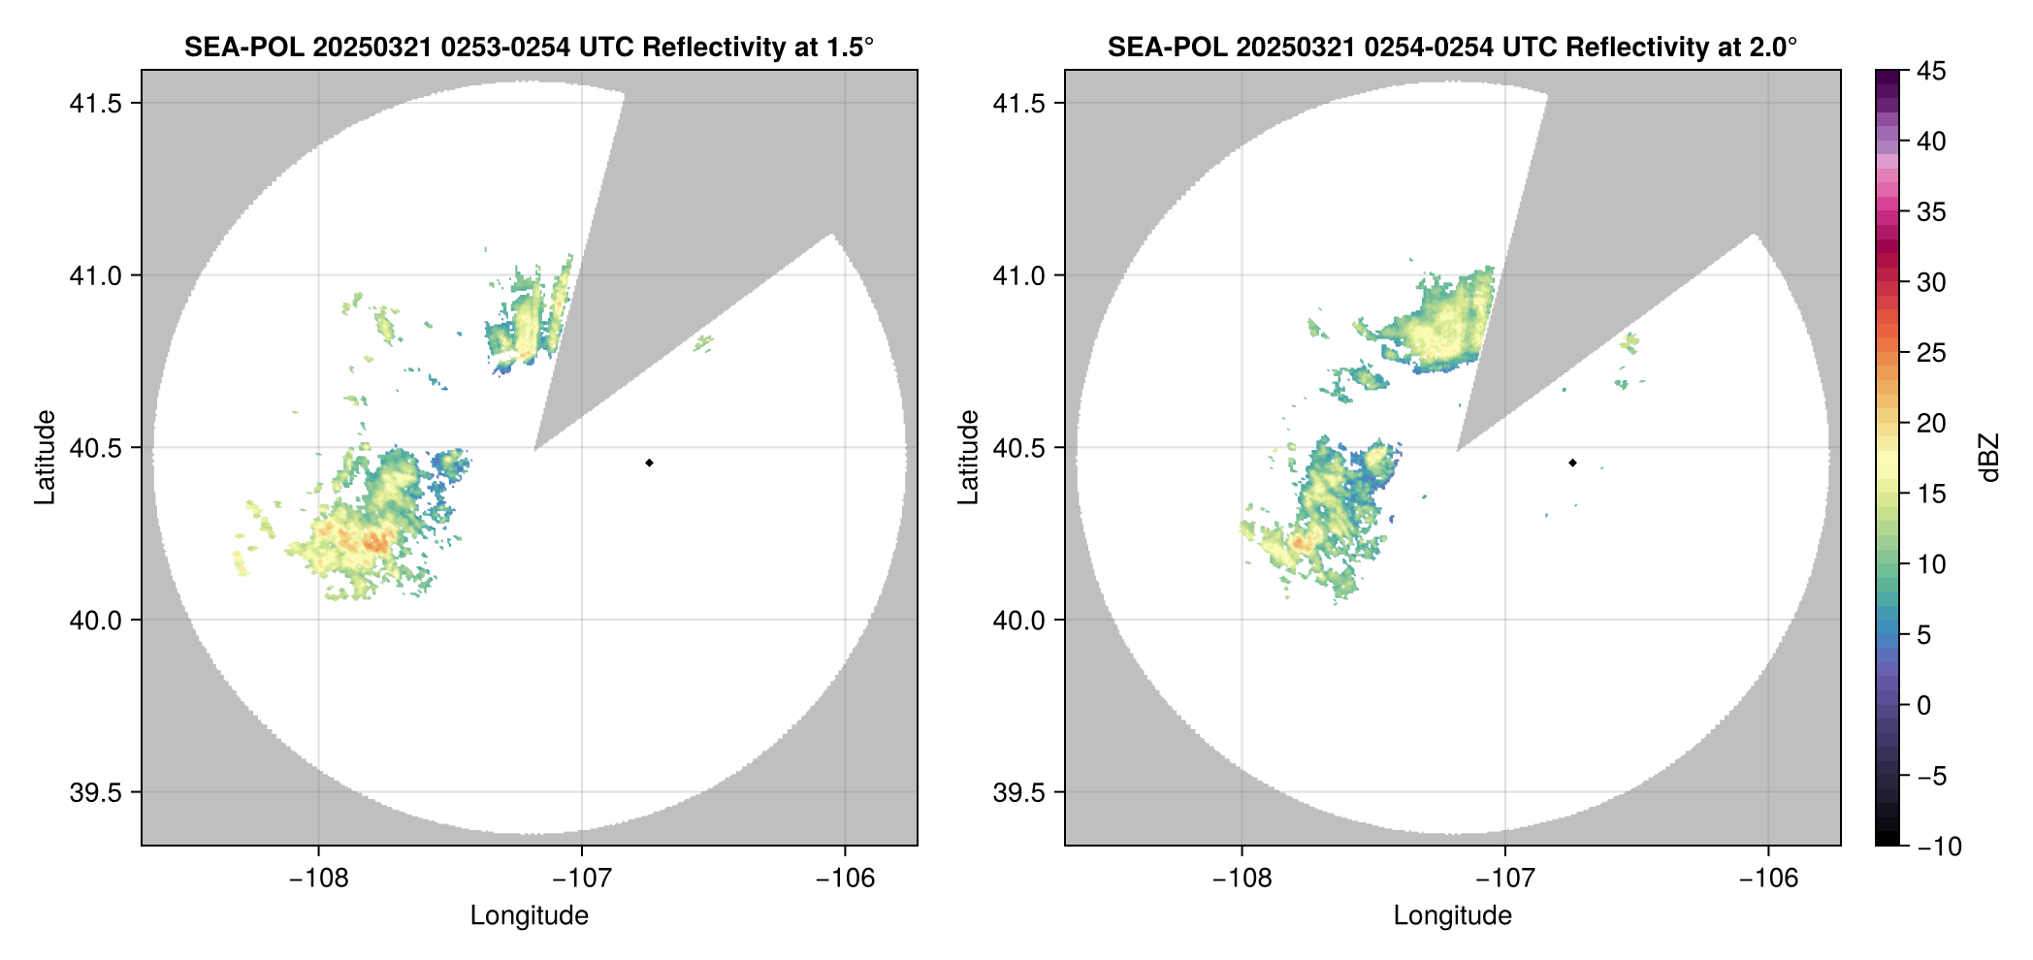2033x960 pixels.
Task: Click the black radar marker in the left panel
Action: (x=649, y=463)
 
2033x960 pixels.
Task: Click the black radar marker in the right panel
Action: (x=1572, y=463)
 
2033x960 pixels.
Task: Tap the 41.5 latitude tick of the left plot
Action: (x=94, y=104)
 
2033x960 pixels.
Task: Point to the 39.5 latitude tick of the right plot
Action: (x=1017, y=792)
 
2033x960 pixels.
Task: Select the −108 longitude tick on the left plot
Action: (x=318, y=879)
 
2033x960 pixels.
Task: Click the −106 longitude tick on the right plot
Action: (x=1768, y=879)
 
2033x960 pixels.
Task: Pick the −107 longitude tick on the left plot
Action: (x=581, y=879)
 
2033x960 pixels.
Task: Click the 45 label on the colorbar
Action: (x=1931, y=71)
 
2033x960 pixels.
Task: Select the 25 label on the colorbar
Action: (x=1931, y=353)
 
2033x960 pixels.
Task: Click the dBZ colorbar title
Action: (x=1990, y=457)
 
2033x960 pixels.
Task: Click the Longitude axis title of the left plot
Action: (x=530, y=915)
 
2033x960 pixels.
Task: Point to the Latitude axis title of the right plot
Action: (x=968, y=457)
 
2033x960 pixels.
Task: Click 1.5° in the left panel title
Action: (x=851, y=47)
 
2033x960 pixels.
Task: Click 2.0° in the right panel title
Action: (x=1774, y=47)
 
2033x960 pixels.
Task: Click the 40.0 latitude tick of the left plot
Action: (x=94, y=621)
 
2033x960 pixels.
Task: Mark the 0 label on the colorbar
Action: (x=1924, y=705)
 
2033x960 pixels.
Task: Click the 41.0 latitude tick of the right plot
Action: (x=1017, y=276)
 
